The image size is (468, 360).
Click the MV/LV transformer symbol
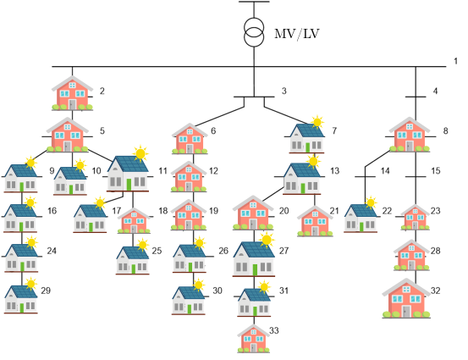point(254,32)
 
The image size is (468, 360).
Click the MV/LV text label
point(297,34)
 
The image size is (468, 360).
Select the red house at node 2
point(72,93)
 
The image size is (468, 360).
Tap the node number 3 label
point(284,91)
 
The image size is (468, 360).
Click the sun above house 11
point(140,153)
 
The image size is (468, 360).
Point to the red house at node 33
point(253,339)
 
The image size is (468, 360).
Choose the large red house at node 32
point(406,298)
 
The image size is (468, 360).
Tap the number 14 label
point(385,171)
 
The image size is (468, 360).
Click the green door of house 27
point(255,269)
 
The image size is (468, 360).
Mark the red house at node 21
point(315,221)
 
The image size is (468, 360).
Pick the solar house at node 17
point(91,215)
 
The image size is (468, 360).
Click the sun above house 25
point(143,245)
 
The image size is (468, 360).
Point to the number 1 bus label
point(455,61)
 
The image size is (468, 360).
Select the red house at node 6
point(190,139)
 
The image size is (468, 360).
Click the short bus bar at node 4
point(416,97)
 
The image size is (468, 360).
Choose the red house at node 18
point(134,220)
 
